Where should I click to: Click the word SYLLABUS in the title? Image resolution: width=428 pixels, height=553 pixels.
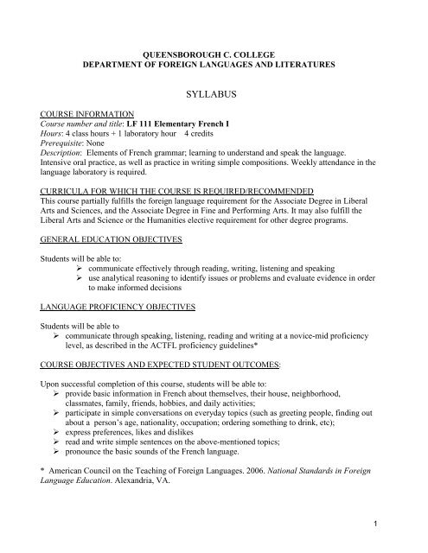point(214,89)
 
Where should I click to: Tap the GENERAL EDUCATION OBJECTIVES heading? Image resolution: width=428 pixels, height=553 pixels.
point(109,238)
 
